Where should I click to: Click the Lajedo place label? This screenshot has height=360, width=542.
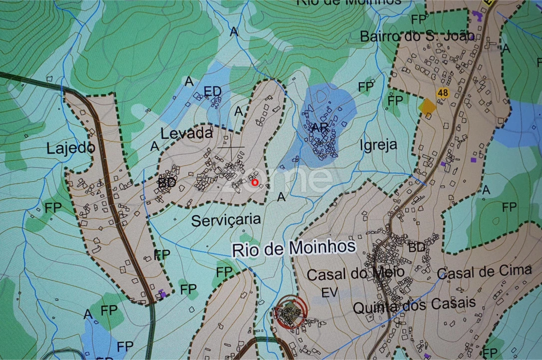pyautogui.click(x=70, y=148)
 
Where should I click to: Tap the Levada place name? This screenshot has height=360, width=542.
pyautogui.click(x=186, y=133)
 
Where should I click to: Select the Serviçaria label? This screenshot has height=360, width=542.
pyautogui.click(x=226, y=220)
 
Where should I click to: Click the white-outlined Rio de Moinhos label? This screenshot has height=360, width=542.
pyautogui.click(x=294, y=247)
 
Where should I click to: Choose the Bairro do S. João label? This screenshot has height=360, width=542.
pyautogui.click(x=417, y=36)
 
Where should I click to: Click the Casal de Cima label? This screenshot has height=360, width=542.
pyautogui.click(x=484, y=272)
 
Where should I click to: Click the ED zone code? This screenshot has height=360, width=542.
pyautogui.click(x=212, y=91)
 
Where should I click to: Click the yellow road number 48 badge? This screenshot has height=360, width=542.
pyautogui.click(x=442, y=93)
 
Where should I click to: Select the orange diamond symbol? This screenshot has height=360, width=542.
pyautogui.click(x=427, y=106)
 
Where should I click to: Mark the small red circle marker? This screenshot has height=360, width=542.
pyautogui.click(x=255, y=182)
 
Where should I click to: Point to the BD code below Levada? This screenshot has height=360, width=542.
pyautogui.click(x=167, y=183)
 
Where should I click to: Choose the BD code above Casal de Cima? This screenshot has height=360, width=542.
pyautogui.click(x=417, y=247)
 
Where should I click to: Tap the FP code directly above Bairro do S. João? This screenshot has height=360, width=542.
pyautogui.click(x=419, y=19)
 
